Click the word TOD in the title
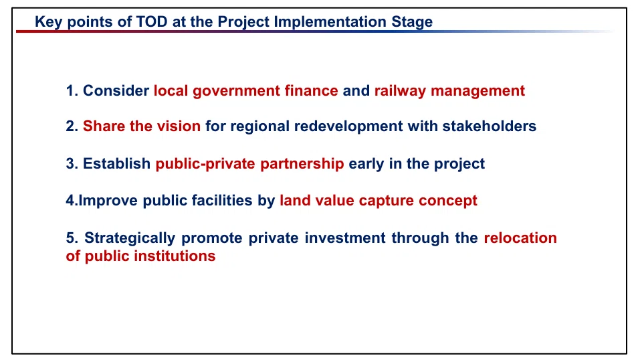(152, 21)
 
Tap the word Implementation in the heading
(330, 22)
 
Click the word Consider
(116, 90)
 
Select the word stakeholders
(489, 126)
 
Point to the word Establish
(117, 163)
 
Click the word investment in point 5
(345, 238)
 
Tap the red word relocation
(520, 238)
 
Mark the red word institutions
(175, 256)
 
